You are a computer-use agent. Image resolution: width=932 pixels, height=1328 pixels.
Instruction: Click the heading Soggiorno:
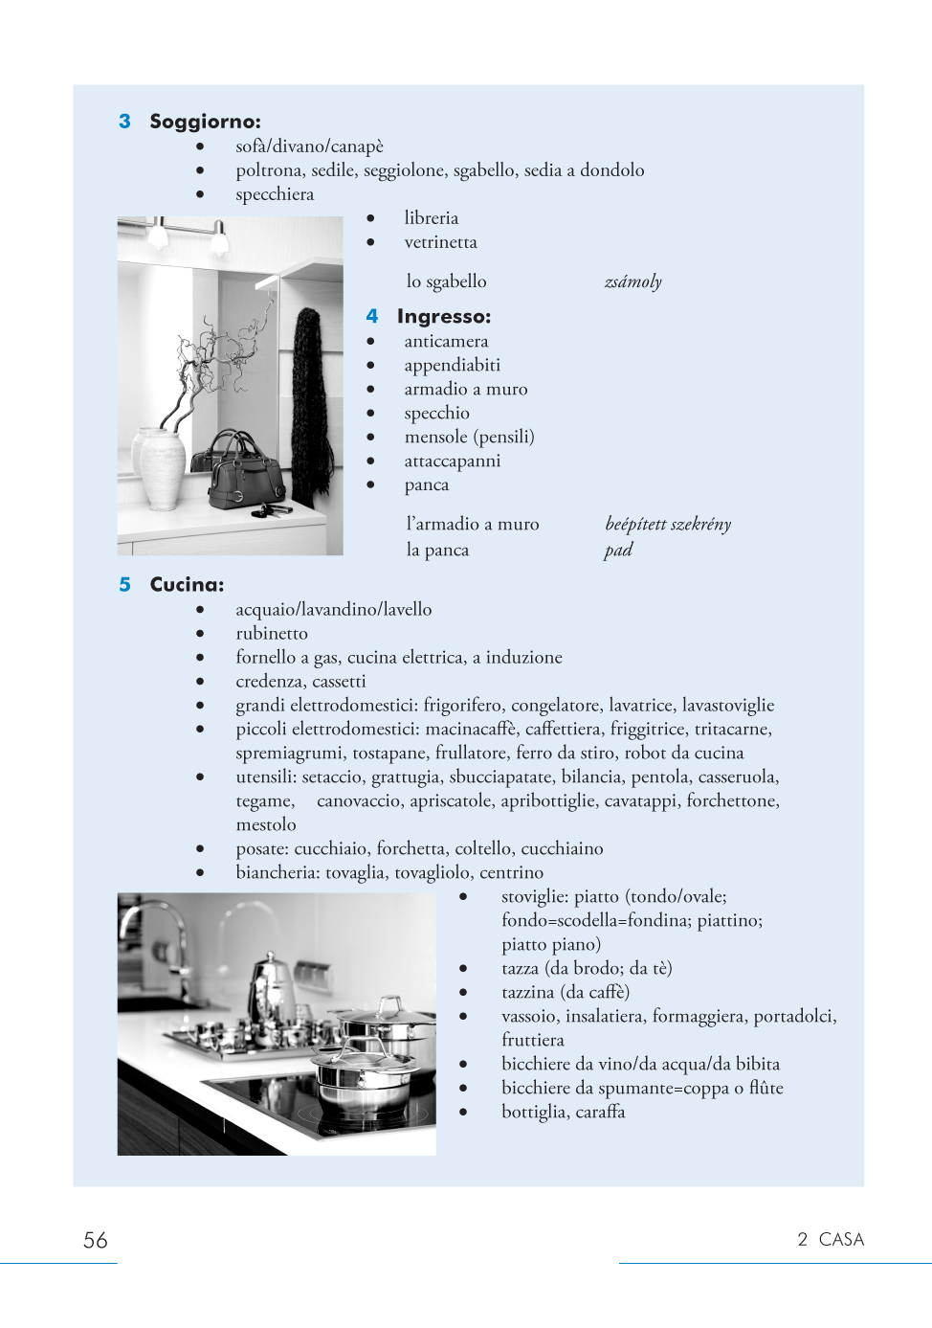point(205,122)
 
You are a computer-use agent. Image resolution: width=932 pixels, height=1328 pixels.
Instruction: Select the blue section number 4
point(372,316)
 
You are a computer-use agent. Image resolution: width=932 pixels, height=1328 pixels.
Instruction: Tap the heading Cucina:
point(187,584)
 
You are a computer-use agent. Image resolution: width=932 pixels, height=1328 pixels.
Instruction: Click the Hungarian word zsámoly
point(632,281)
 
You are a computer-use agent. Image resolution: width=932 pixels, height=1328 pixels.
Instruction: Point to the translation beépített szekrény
point(668,524)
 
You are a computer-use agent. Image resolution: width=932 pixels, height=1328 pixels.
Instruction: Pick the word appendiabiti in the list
point(452,365)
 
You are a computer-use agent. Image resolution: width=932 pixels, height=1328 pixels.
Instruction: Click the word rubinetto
point(272,633)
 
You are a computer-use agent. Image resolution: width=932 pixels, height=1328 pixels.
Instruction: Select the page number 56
point(96,1240)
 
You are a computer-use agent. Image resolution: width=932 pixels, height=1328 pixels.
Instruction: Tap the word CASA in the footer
point(841,1239)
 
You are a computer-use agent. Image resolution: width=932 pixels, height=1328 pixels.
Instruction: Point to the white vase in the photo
point(162,468)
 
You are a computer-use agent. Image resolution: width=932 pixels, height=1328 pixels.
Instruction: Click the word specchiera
point(275,194)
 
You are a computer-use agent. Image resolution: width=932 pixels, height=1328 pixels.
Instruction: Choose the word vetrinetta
point(440,242)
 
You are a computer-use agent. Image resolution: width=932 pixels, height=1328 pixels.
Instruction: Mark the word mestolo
point(266,824)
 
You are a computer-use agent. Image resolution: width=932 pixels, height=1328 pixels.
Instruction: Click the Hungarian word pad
point(618,550)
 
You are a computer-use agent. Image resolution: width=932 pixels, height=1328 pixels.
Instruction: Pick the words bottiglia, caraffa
point(563,1112)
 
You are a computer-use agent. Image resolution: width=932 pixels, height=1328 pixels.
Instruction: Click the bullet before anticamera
point(370,341)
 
